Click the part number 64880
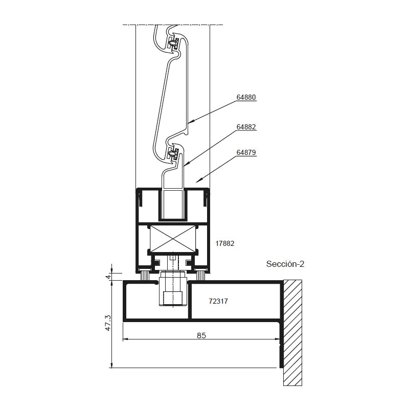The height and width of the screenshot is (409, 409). (246, 97)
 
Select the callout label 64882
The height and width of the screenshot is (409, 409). (246, 127)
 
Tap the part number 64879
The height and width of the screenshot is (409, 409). (246, 152)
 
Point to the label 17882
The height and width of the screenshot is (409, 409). (224, 243)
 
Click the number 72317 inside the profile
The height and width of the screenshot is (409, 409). (218, 301)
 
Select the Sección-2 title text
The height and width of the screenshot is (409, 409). (285, 264)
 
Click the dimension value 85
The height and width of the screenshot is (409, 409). (201, 335)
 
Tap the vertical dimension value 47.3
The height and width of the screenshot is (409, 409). (108, 323)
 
